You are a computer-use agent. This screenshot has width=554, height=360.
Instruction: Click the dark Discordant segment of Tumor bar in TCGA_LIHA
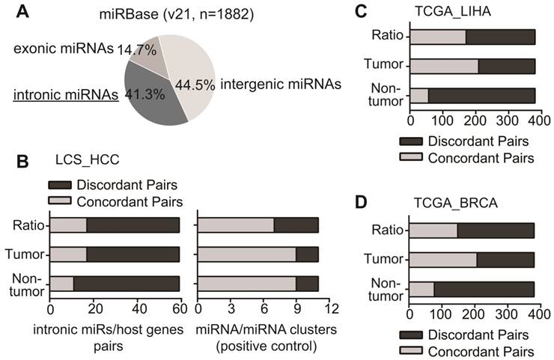click(x=506, y=67)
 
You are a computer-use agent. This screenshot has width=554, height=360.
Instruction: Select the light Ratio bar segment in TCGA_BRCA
click(x=433, y=231)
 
